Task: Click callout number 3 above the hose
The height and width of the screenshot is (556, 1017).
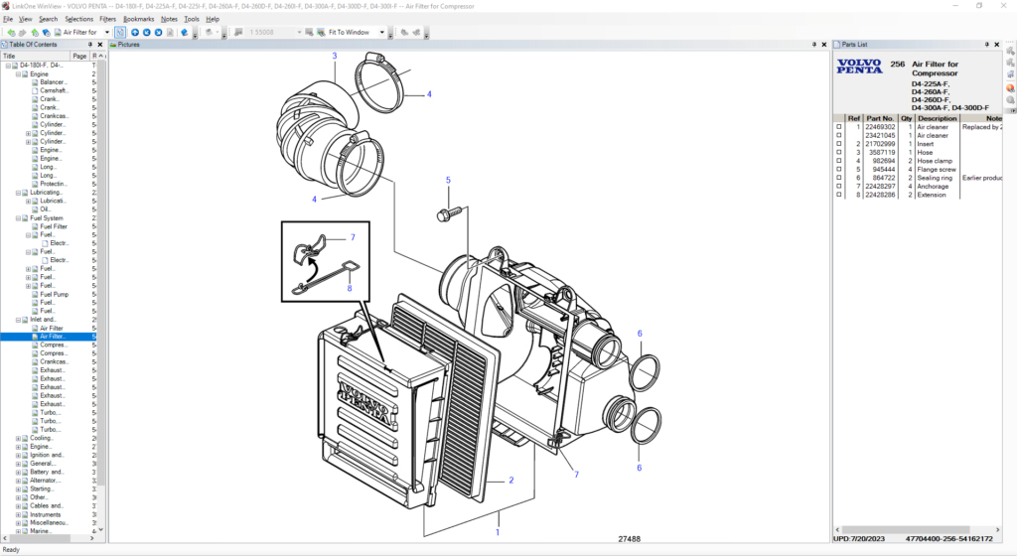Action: [335, 57]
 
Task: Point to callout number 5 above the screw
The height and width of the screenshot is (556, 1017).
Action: [448, 181]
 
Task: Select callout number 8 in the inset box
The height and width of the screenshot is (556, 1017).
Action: [349, 289]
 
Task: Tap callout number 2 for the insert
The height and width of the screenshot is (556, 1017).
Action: [511, 481]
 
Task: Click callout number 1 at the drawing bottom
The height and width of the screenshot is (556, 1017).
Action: [498, 532]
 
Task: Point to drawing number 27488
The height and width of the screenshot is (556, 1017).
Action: [629, 540]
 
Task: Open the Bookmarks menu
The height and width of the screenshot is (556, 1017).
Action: [138, 19]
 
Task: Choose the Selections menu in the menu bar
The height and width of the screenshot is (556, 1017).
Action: [79, 19]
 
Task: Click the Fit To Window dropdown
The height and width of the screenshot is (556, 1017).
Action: [353, 32]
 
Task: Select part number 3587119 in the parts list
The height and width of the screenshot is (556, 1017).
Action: [880, 152]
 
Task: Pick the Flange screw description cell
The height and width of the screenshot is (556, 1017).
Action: [936, 169]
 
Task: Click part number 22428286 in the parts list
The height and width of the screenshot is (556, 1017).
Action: [880, 195]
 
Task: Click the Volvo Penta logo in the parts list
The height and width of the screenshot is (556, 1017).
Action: [858, 67]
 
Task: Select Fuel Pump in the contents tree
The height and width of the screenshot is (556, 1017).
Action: [54, 294]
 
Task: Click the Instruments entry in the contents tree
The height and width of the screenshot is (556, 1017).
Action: [46, 514]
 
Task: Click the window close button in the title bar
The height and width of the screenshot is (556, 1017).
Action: [1004, 6]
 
